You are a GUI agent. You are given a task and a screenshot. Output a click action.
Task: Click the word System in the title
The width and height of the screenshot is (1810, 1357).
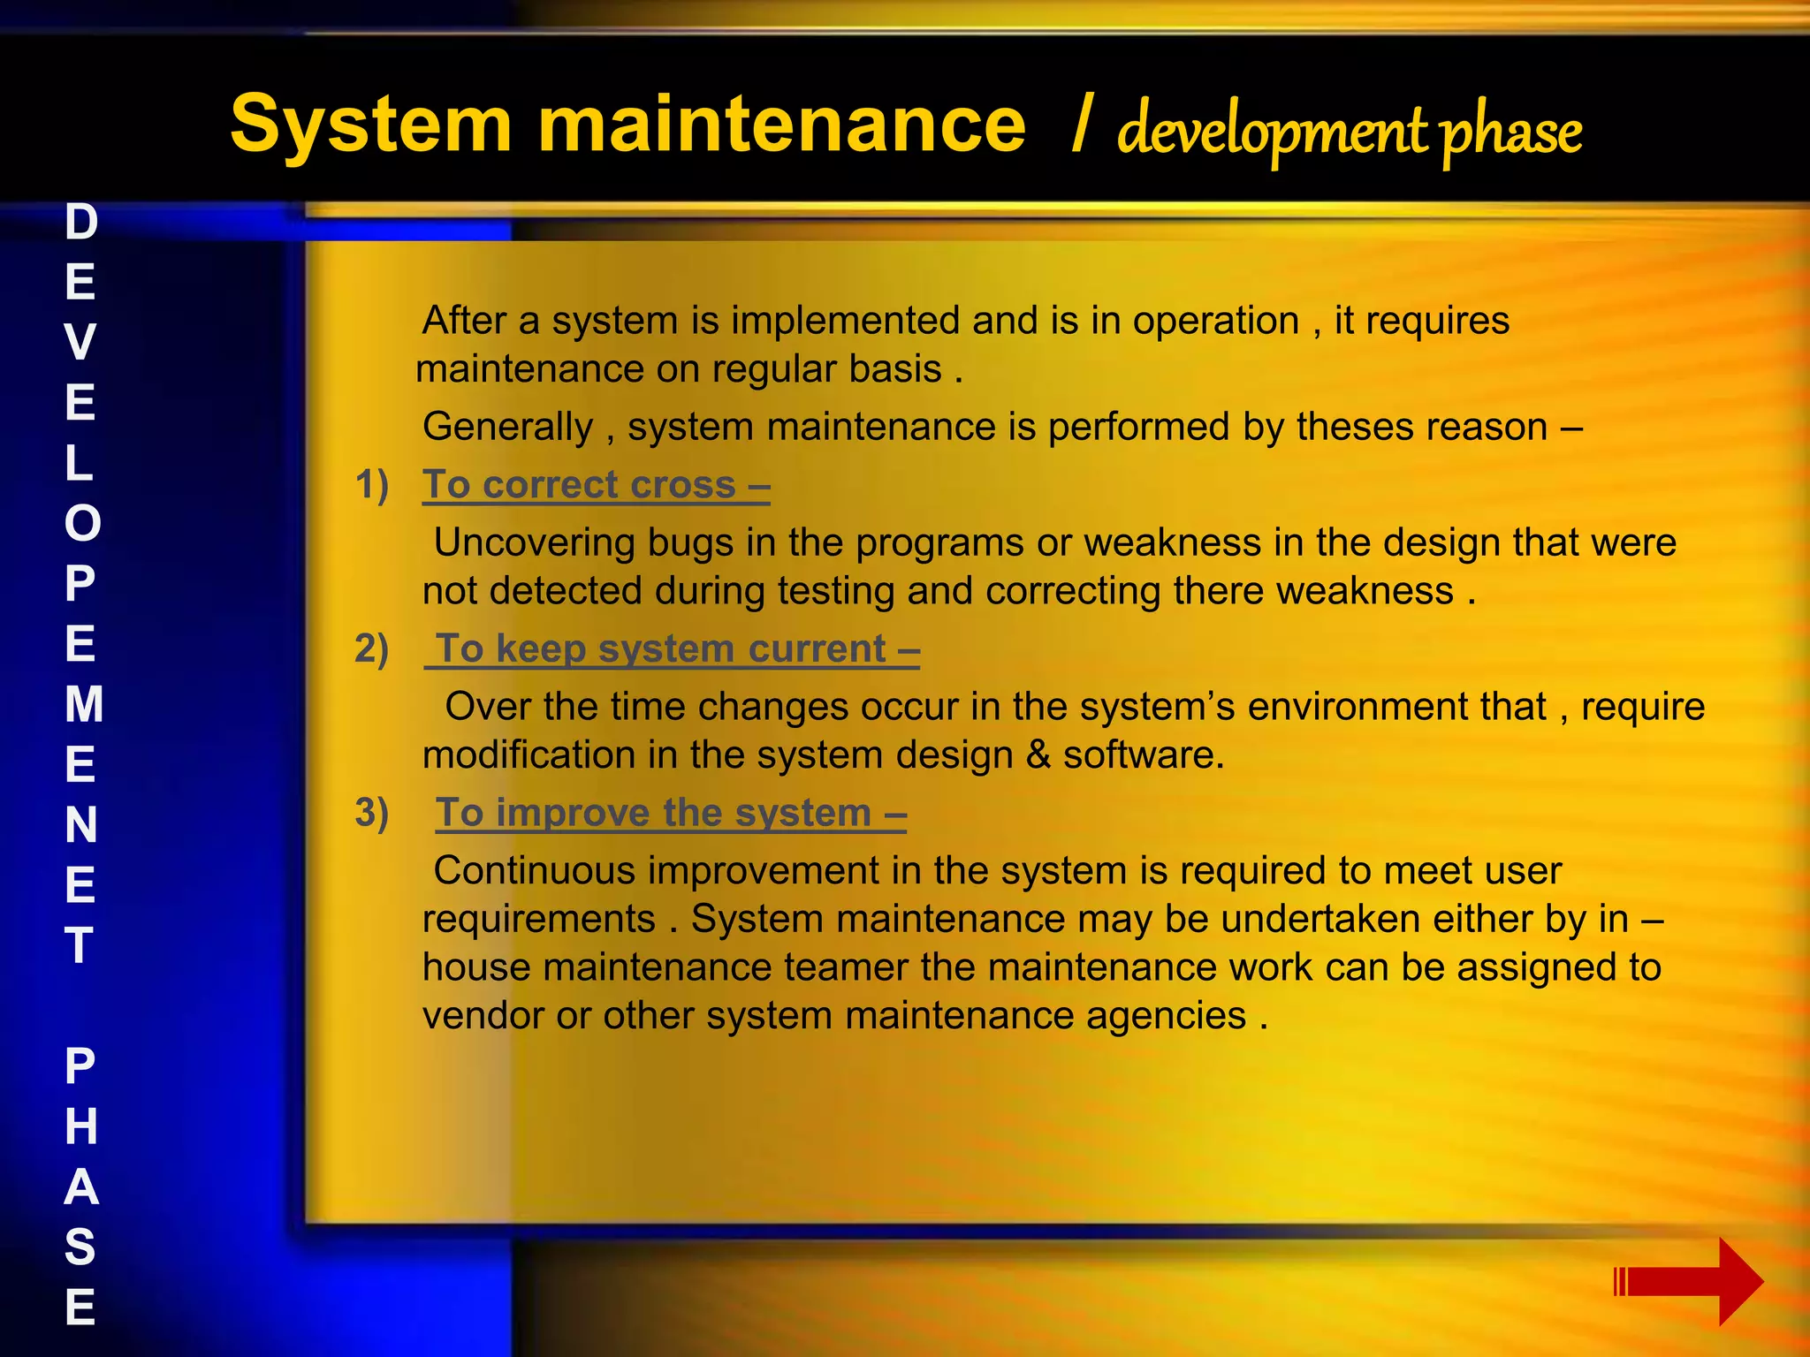(370, 125)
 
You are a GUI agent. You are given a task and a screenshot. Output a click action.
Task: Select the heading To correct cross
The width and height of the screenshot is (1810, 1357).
(596, 485)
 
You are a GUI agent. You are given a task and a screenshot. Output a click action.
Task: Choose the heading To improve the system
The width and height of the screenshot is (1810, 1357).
(671, 814)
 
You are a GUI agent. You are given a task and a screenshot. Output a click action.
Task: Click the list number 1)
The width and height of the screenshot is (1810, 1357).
(372, 485)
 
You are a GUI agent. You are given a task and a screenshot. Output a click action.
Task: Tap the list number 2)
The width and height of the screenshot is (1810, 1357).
(372, 649)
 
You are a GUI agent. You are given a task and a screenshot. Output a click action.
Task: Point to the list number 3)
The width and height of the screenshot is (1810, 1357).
(372, 814)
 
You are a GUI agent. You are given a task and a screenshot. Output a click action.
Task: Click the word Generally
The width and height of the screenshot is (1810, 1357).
(508, 428)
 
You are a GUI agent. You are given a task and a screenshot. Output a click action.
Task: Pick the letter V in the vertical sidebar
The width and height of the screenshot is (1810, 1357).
(80, 342)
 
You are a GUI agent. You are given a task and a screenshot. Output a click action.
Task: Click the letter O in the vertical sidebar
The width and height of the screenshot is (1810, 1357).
(82, 523)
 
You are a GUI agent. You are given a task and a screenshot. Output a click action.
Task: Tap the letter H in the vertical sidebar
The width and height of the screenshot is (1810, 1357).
(80, 1126)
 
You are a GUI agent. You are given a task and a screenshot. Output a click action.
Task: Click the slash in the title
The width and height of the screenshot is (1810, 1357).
(1080, 125)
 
